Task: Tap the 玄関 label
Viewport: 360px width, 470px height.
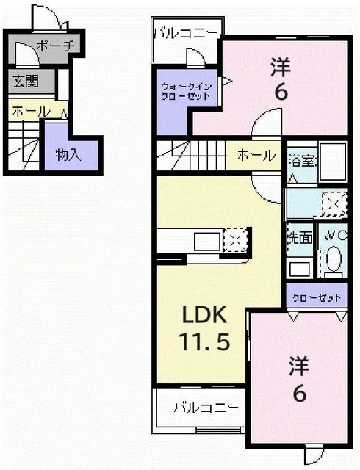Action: tap(24, 82)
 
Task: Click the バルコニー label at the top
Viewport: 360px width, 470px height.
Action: tap(186, 32)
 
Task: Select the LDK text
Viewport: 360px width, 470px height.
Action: tap(209, 316)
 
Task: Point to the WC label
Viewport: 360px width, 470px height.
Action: tap(336, 236)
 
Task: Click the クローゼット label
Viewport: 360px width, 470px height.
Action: tap(317, 297)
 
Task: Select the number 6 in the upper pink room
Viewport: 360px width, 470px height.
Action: tap(280, 93)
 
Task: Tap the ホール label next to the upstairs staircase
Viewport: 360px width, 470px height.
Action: tap(256, 156)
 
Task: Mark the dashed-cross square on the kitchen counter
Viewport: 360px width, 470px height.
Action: tap(237, 239)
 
